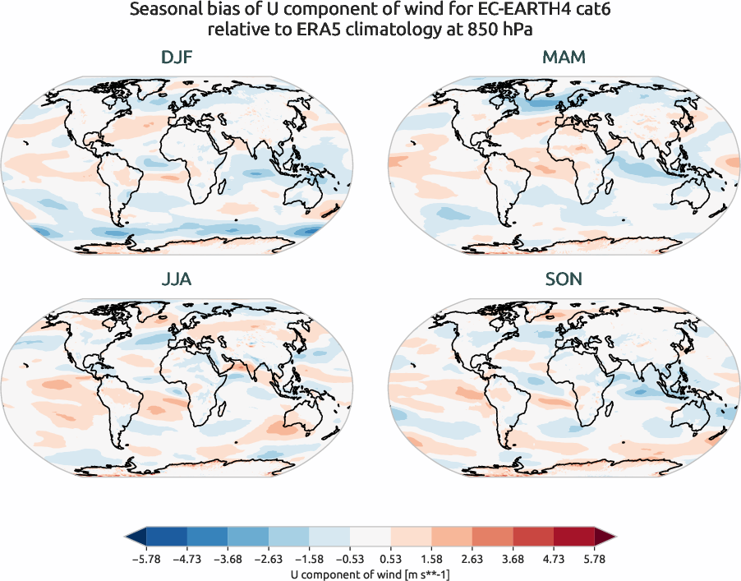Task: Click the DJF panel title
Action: (177, 58)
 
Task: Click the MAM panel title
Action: (564, 58)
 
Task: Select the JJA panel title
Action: (177, 279)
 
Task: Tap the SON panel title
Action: (564, 279)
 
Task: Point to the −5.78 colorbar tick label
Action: (145, 557)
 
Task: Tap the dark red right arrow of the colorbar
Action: (605, 537)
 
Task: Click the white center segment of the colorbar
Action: (370, 537)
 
